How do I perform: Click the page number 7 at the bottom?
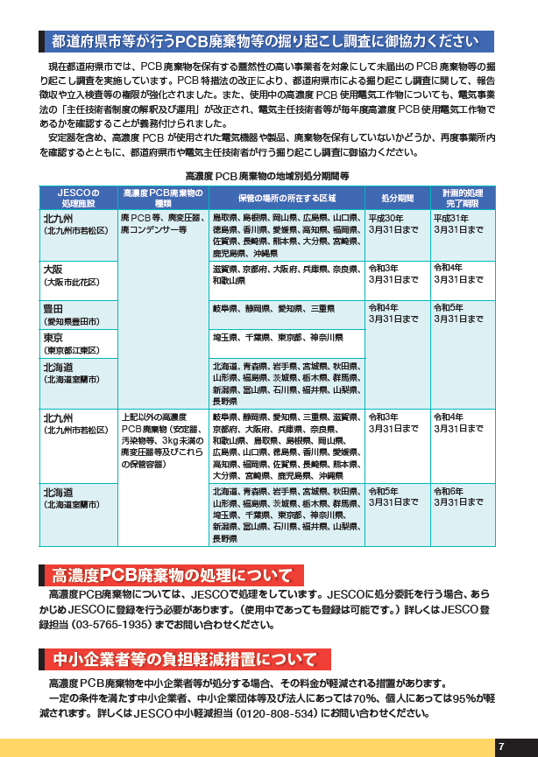pos(500,746)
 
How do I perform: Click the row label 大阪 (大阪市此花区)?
pos(76,276)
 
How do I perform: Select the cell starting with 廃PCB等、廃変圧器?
pos(159,224)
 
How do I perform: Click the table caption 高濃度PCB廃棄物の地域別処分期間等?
pos(267,176)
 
